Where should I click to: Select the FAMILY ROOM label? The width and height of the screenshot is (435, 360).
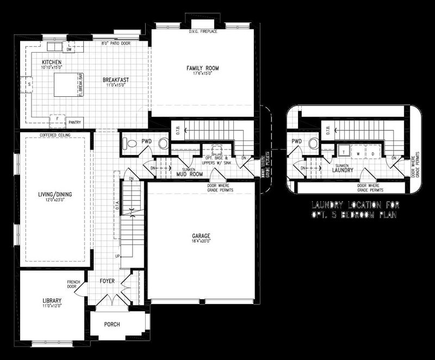202,69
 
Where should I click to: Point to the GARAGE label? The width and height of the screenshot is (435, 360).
201,236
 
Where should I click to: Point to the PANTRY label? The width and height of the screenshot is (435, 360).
75,123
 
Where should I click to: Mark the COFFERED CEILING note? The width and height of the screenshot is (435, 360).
54,135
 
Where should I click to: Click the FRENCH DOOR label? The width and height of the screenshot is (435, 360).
74,284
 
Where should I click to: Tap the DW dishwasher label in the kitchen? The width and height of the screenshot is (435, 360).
70,49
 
